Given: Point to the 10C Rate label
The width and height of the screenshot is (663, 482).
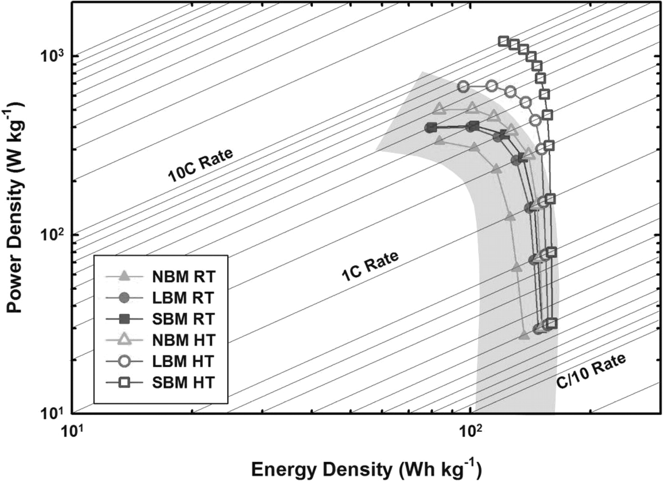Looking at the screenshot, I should pyautogui.click(x=201, y=165).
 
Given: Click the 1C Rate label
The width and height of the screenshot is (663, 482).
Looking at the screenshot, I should pyautogui.click(x=370, y=266).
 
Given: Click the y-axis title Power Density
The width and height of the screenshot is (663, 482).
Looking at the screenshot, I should pyautogui.click(x=15, y=208).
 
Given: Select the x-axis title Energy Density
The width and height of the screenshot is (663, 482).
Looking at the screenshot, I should pyautogui.click(x=366, y=469).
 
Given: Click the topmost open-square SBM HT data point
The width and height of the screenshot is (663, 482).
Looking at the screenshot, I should pyautogui.click(x=504, y=41).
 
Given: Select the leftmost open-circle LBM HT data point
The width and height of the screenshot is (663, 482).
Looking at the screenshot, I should pyautogui.click(x=463, y=87).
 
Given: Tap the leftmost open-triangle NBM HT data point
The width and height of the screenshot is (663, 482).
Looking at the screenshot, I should pyautogui.click(x=439, y=108).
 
